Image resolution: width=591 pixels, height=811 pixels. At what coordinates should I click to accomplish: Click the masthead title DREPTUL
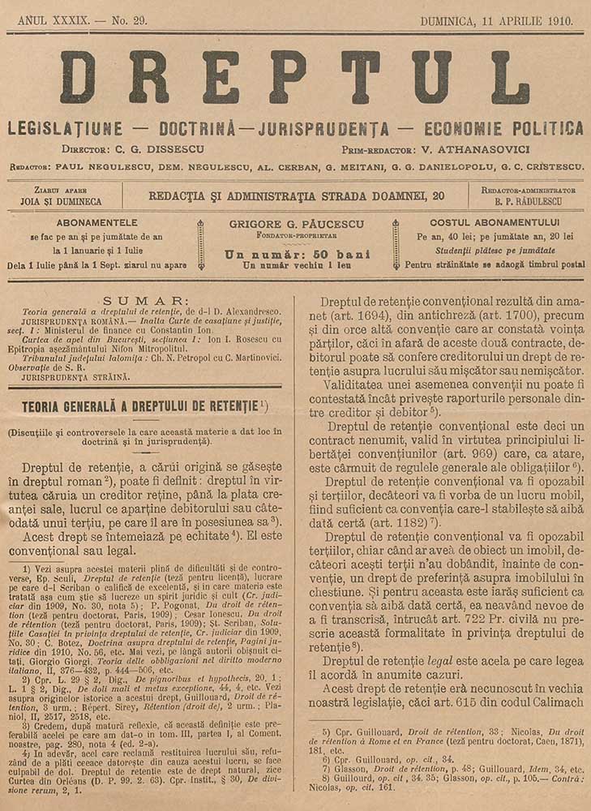[x=295, y=78]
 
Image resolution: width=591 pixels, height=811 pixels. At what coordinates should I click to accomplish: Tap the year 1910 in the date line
[x=555, y=19]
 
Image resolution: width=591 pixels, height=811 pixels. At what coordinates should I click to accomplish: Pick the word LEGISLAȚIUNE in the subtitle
[x=65, y=128]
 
